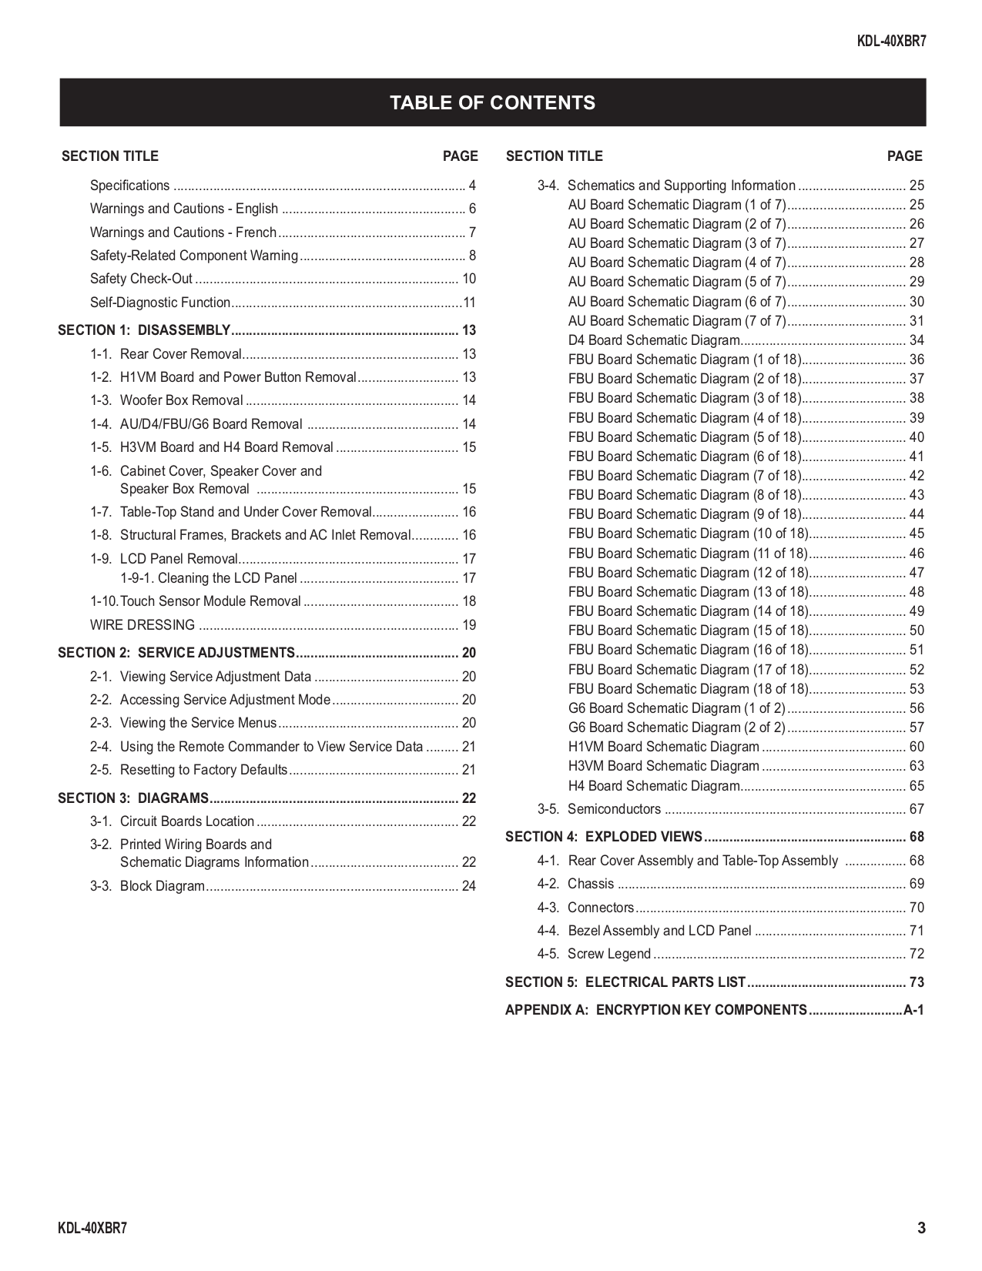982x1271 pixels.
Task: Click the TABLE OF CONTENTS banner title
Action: click(x=492, y=103)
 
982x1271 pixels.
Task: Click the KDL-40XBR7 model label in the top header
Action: click(x=891, y=42)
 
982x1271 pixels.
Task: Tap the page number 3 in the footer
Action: click(x=921, y=1228)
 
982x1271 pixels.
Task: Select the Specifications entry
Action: click(x=129, y=186)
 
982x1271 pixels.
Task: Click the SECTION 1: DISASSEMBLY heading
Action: click(x=144, y=330)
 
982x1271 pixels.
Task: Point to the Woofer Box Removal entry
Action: click(x=181, y=400)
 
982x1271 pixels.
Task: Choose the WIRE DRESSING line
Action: click(x=142, y=625)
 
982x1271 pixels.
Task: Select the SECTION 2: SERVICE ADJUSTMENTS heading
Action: click(x=176, y=653)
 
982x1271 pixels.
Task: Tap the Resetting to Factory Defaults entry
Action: click(x=203, y=770)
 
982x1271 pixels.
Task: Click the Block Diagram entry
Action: click(x=162, y=886)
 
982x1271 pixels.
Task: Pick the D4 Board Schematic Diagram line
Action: click(x=654, y=340)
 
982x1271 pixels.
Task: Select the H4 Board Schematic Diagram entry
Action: click(x=654, y=786)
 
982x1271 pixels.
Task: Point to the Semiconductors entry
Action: click(x=614, y=809)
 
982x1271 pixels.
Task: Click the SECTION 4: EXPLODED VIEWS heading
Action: click(x=604, y=837)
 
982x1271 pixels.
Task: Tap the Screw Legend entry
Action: click(x=608, y=954)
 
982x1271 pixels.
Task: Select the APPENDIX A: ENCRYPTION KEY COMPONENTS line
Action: click(x=656, y=1010)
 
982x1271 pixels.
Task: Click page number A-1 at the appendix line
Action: click(x=913, y=1010)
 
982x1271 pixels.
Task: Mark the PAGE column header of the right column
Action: click(x=904, y=156)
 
